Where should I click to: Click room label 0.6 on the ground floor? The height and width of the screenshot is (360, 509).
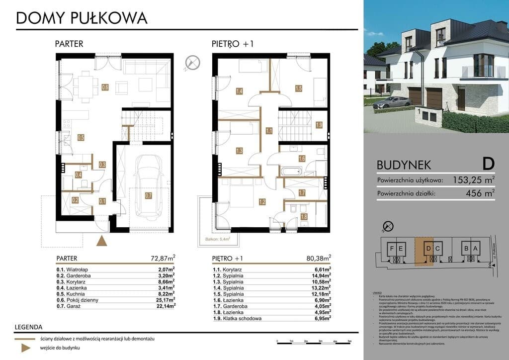click(x=105, y=88)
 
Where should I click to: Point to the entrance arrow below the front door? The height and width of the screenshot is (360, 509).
click(x=101, y=241)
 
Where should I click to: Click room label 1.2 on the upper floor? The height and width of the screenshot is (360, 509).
click(x=262, y=202)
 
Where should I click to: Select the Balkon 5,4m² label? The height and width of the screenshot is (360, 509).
click(x=218, y=239)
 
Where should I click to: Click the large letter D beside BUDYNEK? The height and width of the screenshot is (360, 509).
click(x=488, y=163)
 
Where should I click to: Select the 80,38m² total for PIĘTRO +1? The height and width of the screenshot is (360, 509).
click(x=319, y=258)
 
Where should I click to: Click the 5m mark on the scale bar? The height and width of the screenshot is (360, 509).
click(x=349, y=342)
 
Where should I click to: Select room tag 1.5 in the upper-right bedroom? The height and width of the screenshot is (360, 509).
click(x=299, y=89)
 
